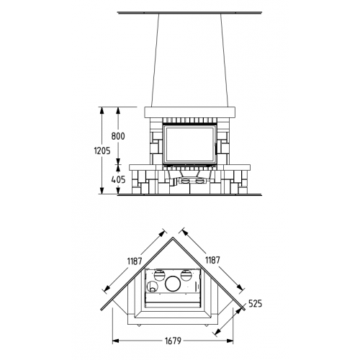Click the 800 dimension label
tap(118, 136)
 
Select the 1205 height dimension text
tap(102, 150)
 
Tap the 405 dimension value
tap(118, 179)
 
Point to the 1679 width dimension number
tap(173, 341)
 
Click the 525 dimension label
tap(255, 304)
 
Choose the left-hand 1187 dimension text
tap(135, 261)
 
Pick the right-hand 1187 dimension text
tap(212, 260)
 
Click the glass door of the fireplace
tap(189, 145)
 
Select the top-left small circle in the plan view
tap(159, 275)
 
